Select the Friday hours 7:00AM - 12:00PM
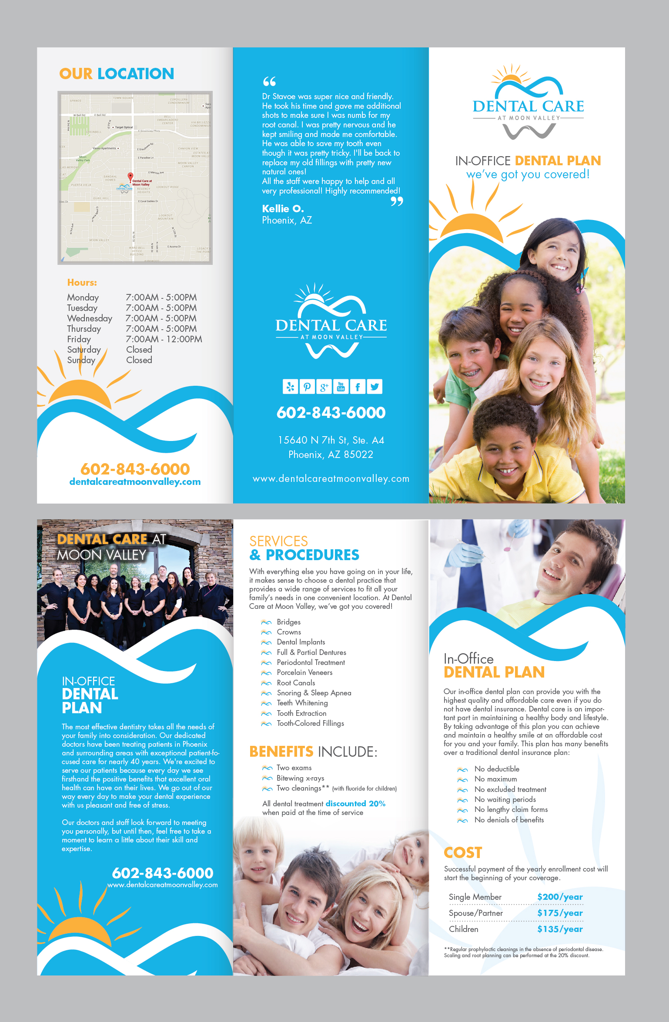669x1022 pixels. tap(164, 339)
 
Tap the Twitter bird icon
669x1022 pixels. tap(375, 387)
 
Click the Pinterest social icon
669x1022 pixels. tap(307, 387)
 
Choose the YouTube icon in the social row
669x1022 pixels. tap(341, 387)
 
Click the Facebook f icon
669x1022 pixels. tap(358, 387)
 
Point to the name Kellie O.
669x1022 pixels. tap(283, 209)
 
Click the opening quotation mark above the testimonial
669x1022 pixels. tap(269, 81)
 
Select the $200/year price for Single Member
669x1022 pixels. tap(559, 897)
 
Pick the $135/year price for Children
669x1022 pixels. tap(559, 929)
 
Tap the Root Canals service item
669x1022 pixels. tap(296, 683)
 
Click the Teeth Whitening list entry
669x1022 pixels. tap(302, 703)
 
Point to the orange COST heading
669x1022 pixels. tap(463, 852)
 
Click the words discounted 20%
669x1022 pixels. tap(355, 804)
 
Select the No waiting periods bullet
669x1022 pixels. tap(505, 799)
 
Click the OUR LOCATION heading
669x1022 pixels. tap(117, 74)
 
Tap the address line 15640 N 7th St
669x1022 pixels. tap(331, 440)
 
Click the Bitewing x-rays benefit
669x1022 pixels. tap(300, 778)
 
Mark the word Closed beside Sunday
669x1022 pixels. tap(139, 360)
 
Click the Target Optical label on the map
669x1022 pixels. tap(124, 127)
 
